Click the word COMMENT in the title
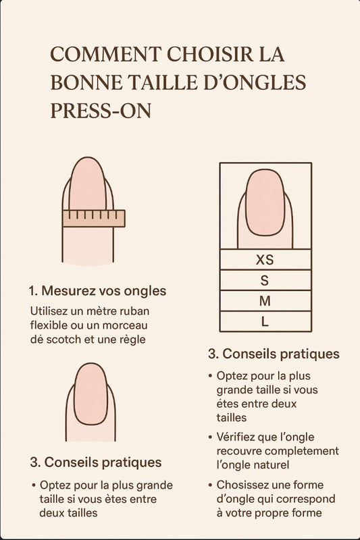(x=105, y=55)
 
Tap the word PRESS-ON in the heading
(x=101, y=111)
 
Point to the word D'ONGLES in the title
(x=255, y=82)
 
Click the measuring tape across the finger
(x=94, y=218)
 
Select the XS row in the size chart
(x=265, y=260)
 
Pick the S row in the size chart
(x=265, y=280)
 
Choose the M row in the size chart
(x=265, y=301)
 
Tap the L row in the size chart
(x=265, y=322)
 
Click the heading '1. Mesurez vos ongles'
(x=97, y=291)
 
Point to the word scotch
(x=64, y=340)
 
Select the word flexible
(x=49, y=325)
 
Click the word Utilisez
(x=49, y=311)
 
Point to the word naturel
(x=273, y=465)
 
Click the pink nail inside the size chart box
(x=265, y=202)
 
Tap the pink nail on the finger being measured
(x=88, y=184)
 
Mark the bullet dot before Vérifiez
(x=211, y=437)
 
